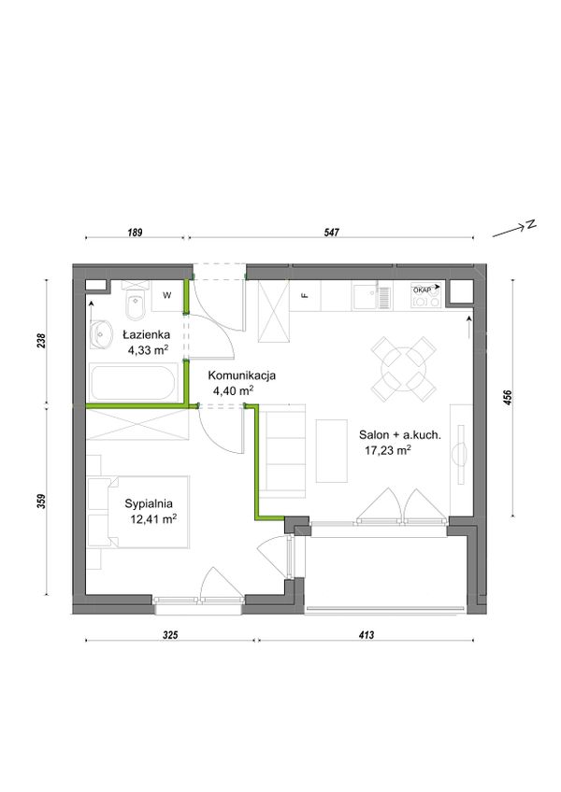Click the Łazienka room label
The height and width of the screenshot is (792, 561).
[x=146, y=334]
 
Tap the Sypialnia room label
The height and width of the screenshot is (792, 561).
[x=149, y=503]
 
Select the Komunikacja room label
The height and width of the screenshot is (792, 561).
[x=242, y=375]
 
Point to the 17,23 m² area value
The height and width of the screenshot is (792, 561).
[x=387, y=450]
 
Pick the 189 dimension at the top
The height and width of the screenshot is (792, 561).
[x=135, y=233]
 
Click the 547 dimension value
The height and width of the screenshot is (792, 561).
[x=331, y=233]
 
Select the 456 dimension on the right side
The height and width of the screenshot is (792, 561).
[x=508, y=399]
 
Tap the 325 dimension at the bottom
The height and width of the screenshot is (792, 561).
[x=171, y=635]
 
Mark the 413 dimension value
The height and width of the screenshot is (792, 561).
[x=367, y=635]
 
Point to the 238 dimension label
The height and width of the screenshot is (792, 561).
[x=42, y=340]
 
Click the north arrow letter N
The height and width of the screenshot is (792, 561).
[x=531, y=225]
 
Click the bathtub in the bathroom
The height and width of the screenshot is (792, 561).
[x=134, y=382]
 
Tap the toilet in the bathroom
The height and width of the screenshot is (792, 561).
[x=135, y=301]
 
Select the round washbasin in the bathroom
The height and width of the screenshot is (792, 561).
[x=103, y=334]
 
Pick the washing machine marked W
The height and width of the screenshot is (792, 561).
[x=166, y=296]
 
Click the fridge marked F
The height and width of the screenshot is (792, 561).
[x=305, y=296]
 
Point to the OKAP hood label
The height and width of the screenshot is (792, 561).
[x=423, y=290]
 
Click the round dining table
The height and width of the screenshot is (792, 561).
[x=404, y=368]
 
